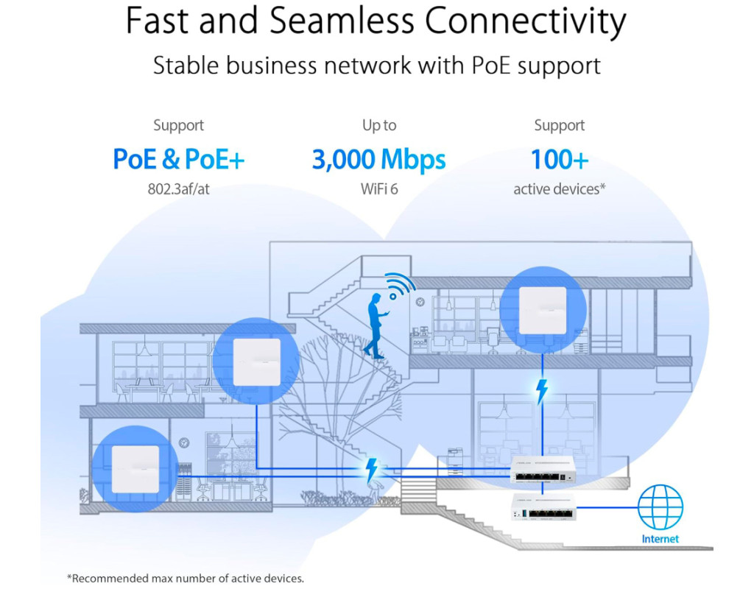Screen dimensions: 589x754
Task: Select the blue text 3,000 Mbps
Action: pyautogui.click(x=378, y=159)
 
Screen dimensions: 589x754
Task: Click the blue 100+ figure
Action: pyautogui.click(x=560, y=159)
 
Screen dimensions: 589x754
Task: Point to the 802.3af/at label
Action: pyautogui.click(x=179, y=189)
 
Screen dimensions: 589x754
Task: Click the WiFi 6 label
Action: pyautogui.click(x=378, y=189)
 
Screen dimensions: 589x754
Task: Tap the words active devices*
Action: pyautogui.click(x=560, y=189)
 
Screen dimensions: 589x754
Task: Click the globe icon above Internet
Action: pyautogui.click(x=660, y=507)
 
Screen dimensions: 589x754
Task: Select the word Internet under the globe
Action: pyautogui.click(x=660, y=539)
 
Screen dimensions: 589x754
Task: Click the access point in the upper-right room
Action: pyautogui.click(x=543, y=309)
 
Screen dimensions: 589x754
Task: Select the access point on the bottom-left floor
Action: pyautogui.click(x=135, y=470)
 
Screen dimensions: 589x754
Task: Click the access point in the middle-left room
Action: pyautogui.click(x=256, y=361)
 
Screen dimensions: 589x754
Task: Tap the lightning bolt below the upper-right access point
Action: pyautogui.click(x=542, y=392)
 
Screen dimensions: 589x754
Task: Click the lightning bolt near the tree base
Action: pyautogui.click(x=373, y=469)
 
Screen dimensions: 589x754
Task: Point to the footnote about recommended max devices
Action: pyautogui.click(x=185, y=578)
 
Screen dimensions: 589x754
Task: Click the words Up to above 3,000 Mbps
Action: pyautogui.click(x=378, y=126)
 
